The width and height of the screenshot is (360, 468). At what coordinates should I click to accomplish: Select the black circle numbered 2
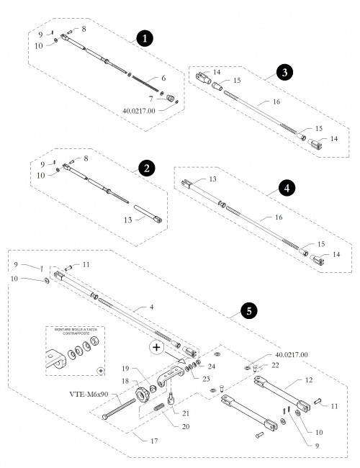[146, 169]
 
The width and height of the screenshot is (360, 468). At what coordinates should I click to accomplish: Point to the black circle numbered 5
[248, 311]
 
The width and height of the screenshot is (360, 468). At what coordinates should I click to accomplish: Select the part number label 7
[150, 97]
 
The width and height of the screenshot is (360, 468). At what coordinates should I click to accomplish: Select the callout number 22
[274, 366]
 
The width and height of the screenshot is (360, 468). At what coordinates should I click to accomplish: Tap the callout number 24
[211, 366]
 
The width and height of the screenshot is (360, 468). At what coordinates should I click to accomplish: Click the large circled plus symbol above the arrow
[156, 347]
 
